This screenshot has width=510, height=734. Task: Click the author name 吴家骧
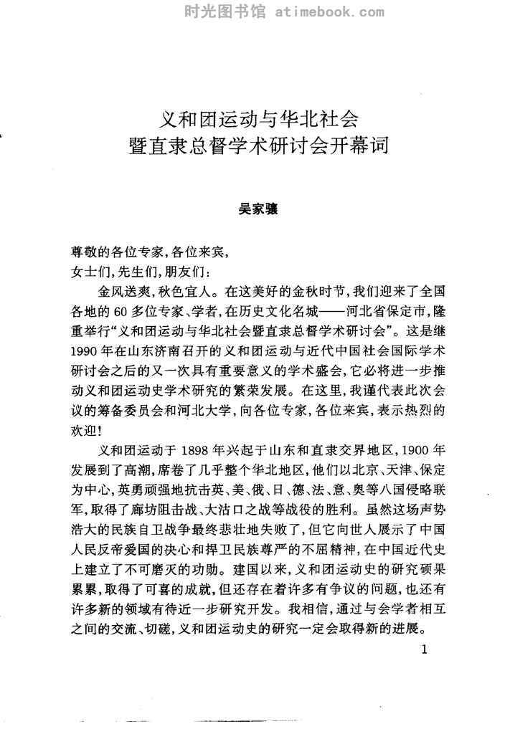257,211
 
